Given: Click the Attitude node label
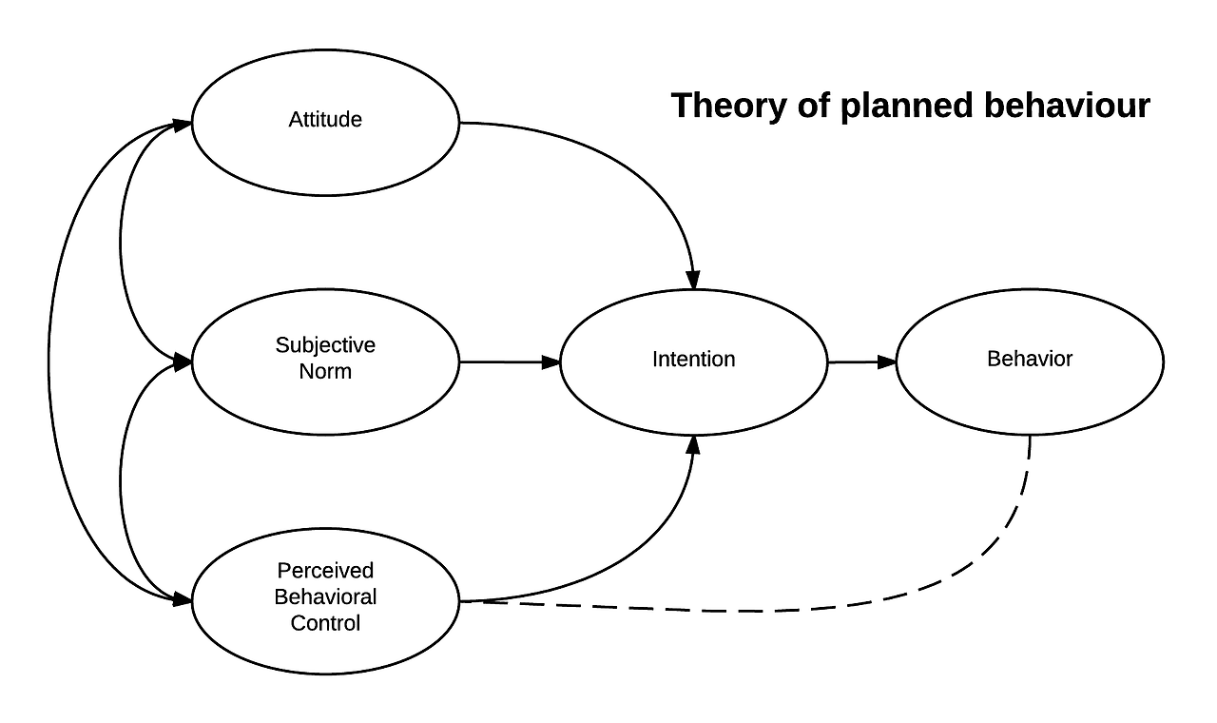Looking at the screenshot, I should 325,120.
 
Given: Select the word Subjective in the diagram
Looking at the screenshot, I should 325,345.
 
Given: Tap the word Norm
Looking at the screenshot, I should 325,372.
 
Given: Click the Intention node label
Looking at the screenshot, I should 693,360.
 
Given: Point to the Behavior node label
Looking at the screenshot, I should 1029,360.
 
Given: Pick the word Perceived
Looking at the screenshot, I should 325,571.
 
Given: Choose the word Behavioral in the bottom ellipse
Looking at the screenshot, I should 325,597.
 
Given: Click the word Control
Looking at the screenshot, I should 325,624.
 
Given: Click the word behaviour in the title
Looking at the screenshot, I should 1067,106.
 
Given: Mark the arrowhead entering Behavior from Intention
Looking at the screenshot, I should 887,361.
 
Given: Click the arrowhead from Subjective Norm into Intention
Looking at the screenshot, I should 551,361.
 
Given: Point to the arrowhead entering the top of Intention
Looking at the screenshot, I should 693,280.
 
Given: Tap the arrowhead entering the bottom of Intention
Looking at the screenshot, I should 694,443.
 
